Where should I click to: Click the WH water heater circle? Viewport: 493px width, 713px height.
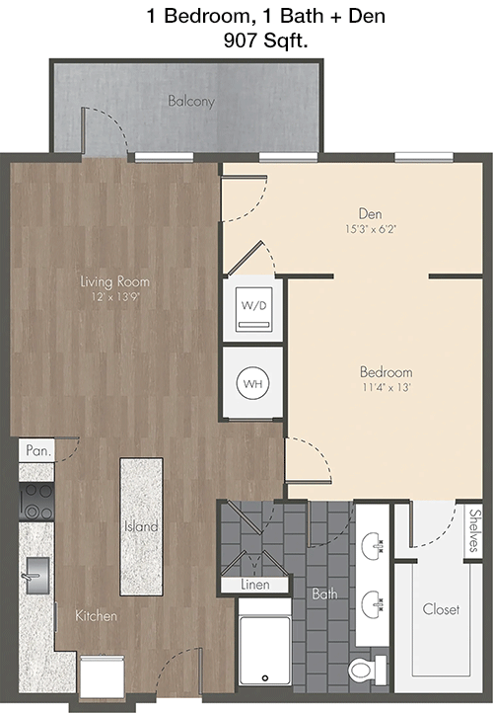(252, 383)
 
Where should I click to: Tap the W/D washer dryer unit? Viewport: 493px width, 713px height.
(254, 309)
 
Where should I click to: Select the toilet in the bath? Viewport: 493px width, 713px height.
(367, 670)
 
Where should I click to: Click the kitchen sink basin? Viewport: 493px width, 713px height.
(37, 576)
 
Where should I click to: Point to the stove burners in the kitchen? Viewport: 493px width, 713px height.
(36, 502)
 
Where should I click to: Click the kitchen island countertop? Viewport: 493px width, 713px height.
(141, 526)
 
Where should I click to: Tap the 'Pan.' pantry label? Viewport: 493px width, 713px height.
(38, 450)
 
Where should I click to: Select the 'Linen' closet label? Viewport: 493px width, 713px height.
(255, 585)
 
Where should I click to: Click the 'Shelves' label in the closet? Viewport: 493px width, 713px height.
(475, 531)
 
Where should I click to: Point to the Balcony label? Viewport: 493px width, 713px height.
(191, 101)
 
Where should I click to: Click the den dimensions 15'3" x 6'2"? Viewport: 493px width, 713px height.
(371, 229)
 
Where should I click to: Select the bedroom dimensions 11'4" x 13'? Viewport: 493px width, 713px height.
(386, 387)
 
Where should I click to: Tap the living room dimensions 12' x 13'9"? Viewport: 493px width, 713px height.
(114, 297)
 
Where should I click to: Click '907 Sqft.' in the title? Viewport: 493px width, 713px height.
(265, 41)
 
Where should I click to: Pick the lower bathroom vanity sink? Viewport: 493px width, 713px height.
(373, 604)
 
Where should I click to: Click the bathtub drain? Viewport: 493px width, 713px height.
(265, 678)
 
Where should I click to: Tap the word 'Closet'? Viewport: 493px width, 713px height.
(441, 609)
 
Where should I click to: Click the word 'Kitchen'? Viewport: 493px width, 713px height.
(96, 615)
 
